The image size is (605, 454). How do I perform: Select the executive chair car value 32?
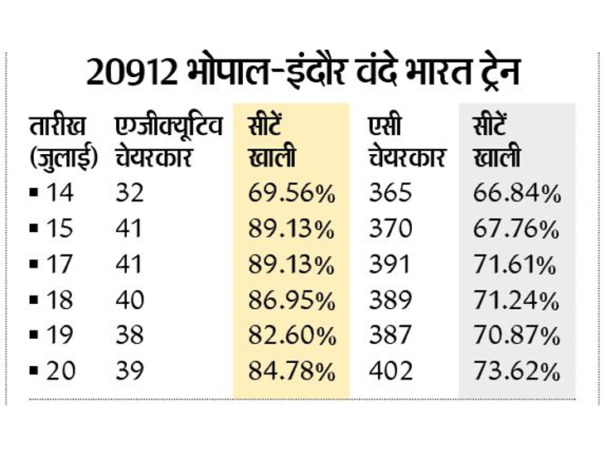tap(129, 193)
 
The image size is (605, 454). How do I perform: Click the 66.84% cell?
tap(515, 193)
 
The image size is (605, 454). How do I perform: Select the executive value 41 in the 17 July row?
tap(129, 264)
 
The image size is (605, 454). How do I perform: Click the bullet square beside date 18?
tap(33, 300)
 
